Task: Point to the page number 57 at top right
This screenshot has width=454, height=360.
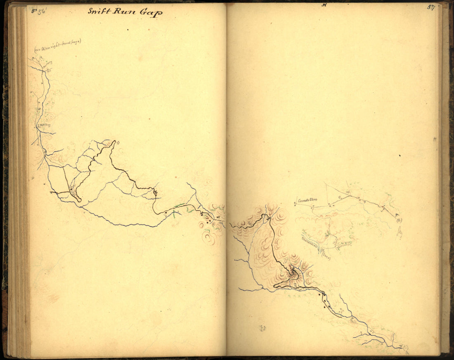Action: tap(431, 7)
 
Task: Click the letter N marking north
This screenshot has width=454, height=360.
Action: tap(324, 5)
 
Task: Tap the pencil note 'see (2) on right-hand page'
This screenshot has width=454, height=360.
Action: tap(58, 46)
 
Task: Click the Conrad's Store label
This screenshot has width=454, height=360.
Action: tap(307, 201)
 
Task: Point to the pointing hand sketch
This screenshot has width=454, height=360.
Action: tap(400, 234)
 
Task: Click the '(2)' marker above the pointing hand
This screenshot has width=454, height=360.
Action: tap(399, 220)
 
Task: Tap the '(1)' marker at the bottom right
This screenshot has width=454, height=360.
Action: tap(406, 347)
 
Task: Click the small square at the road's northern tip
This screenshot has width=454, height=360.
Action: tap(118, 143)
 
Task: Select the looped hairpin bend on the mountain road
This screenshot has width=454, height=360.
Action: tap(293, 272)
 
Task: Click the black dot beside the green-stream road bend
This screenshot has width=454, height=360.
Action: tap(166, 213)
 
